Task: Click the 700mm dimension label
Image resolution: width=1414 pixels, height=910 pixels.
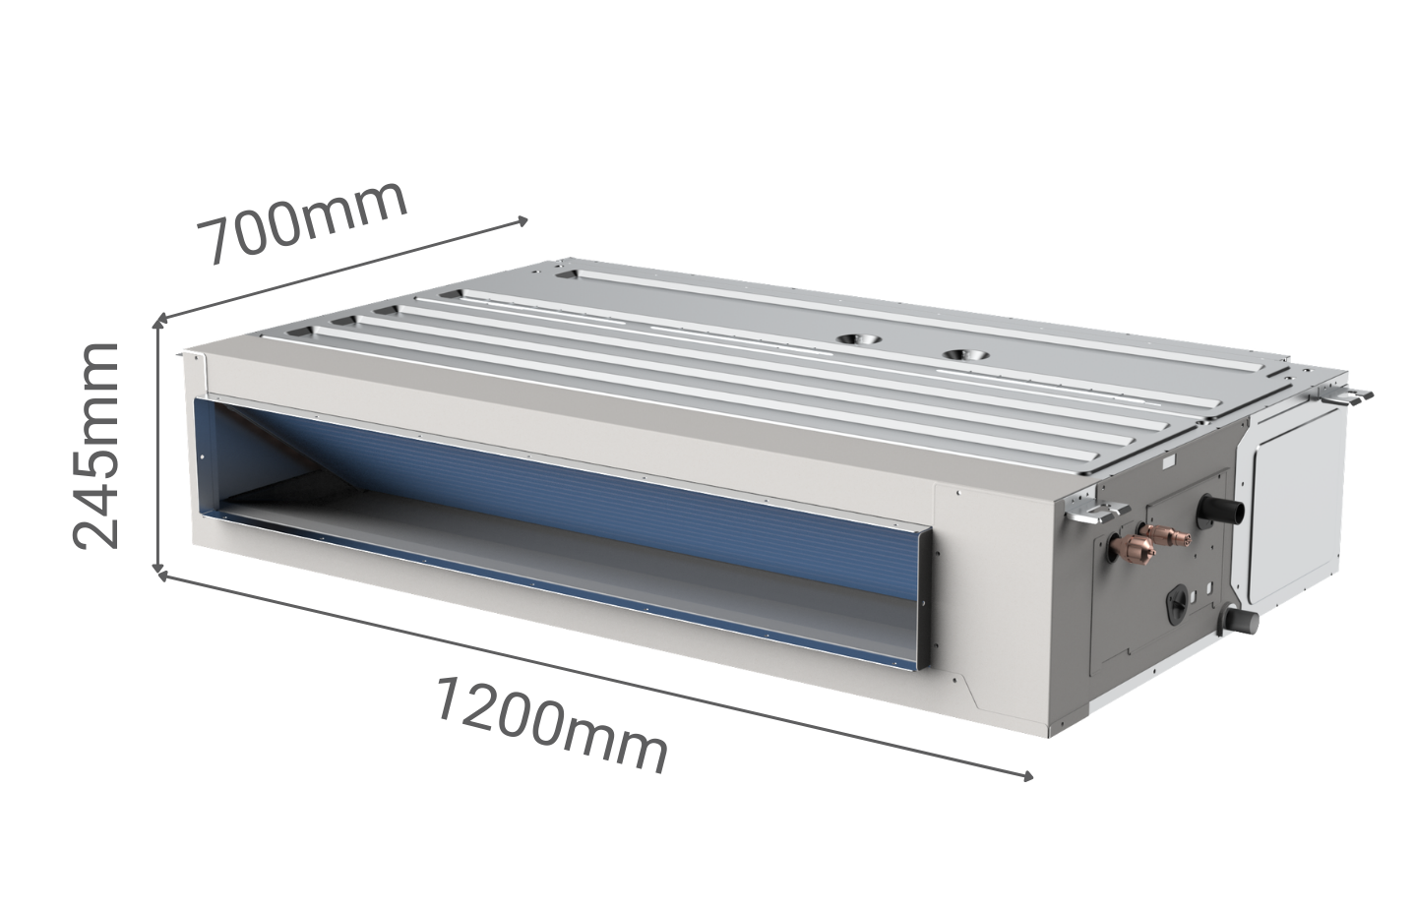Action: [303, 222]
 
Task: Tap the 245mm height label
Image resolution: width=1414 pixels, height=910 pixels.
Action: [95, 446]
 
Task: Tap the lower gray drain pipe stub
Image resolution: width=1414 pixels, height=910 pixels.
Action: [1242, 622]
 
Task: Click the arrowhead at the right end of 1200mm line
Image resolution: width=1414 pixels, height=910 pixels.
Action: [1029, 776]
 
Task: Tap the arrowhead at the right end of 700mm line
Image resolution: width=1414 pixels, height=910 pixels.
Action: [524, 220]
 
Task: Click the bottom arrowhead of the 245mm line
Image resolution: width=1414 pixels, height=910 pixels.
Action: [157, 568]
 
